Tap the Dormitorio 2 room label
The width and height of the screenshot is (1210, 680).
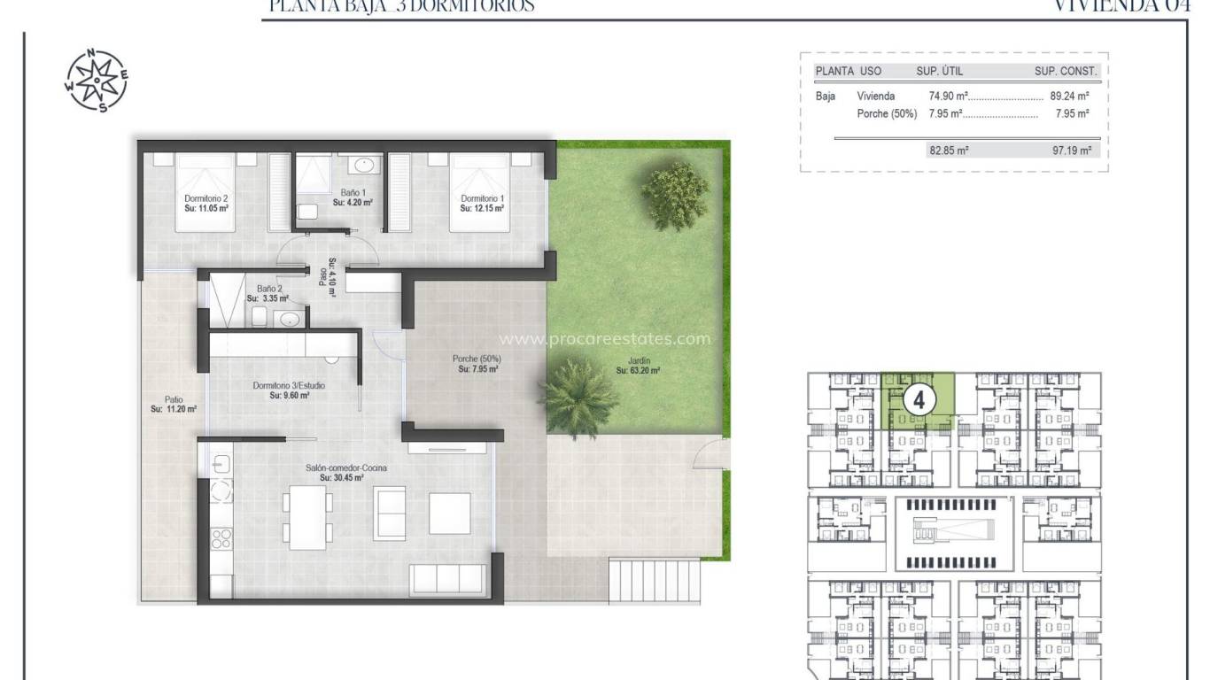(206, 204)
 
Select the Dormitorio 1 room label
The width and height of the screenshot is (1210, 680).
(482, 204)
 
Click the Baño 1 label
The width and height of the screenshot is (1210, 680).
(353, 197)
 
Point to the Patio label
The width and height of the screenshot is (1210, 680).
(173, 404)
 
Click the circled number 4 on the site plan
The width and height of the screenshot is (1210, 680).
(919, 400)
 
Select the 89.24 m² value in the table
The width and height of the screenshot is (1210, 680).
(1068, 96)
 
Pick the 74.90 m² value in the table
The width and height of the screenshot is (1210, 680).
(948, 96)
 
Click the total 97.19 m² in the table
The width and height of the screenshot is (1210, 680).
(1069, 151)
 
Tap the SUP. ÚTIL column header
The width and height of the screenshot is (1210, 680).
(939, 71)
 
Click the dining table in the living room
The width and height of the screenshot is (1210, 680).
(308, 516)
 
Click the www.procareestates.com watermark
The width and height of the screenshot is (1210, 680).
(605, 338)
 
